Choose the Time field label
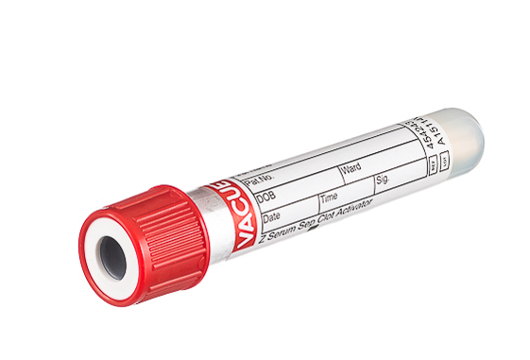[x=329, y=197]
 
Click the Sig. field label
[x=383, y=179]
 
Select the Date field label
[x=271, y=218]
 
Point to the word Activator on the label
[x=351, y=206]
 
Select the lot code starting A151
[x=426, y=150]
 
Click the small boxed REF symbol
[x=433, y=166]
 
